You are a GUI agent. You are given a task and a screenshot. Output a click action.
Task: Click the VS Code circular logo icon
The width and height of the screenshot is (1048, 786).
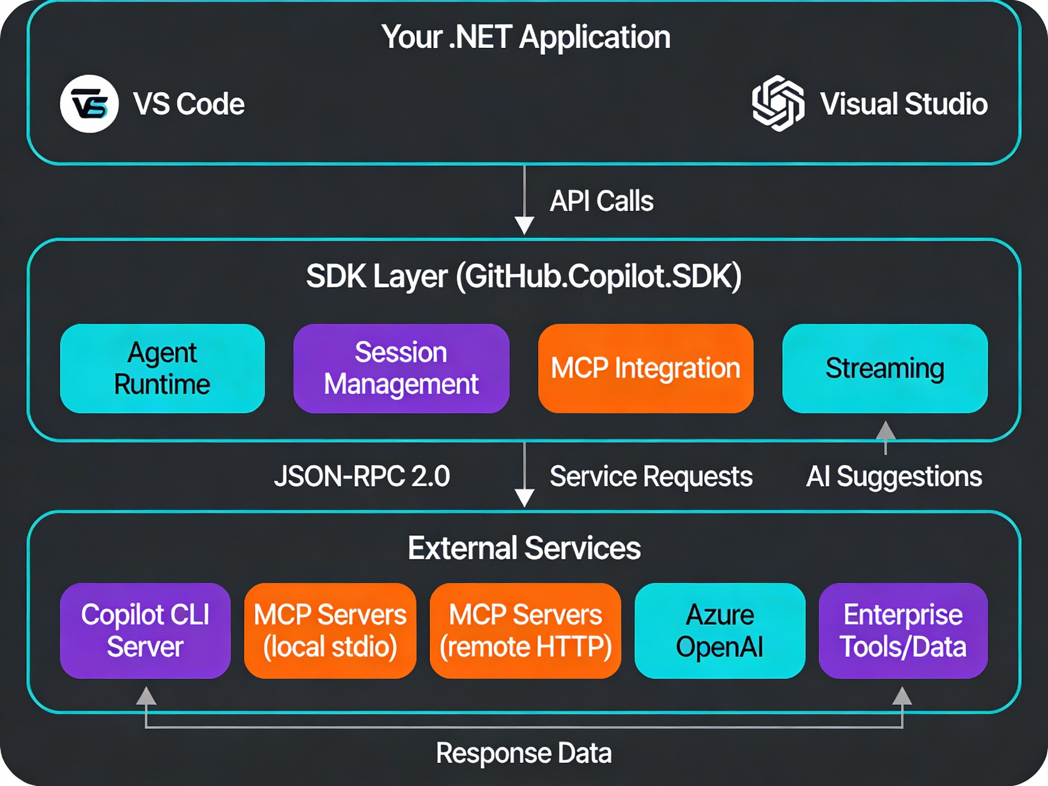click(89, 104)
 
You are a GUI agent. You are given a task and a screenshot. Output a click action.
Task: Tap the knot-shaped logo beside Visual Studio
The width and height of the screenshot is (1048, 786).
click(778, 103)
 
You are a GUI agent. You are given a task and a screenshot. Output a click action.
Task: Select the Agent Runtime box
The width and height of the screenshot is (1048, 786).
click(162, 368)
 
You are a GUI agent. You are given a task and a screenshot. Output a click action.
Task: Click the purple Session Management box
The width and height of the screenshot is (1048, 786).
click(401, 368)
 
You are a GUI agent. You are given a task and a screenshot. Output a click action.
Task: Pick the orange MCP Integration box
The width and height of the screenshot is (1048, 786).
click(645, 368)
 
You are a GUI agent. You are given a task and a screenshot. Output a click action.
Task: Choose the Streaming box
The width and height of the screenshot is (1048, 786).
click(885, 368)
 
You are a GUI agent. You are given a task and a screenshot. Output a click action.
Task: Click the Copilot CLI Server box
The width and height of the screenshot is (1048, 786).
click(145, 630)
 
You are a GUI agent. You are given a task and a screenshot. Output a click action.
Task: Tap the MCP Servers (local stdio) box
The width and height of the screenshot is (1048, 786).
click(330, 630)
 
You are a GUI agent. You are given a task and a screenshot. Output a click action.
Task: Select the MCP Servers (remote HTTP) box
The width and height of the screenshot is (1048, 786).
click(525, 630)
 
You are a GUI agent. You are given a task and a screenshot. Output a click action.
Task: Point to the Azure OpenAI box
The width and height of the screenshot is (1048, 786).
click(719, 630)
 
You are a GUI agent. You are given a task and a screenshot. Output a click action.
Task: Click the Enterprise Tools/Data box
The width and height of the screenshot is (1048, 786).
click(902, 630)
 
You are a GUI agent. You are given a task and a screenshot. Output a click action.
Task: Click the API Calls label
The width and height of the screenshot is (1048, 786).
click(601, 201)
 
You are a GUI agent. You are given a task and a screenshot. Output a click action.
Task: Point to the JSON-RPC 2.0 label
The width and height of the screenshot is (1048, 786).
click(362, 476)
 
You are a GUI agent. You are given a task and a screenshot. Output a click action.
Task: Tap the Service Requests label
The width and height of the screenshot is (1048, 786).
click(651, 476)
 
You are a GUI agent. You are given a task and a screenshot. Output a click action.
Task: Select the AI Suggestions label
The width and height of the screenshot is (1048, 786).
click(894, 476)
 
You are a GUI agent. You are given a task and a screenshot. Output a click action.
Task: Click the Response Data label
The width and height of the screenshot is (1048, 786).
click(524, 753)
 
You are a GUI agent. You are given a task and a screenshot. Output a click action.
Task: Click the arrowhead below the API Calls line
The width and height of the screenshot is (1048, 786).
click(524, 226)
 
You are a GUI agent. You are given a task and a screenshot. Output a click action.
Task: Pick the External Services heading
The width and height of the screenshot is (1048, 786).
click(524, 548)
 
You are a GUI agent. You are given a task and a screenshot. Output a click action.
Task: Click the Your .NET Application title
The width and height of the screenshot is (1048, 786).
click(526, 37)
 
